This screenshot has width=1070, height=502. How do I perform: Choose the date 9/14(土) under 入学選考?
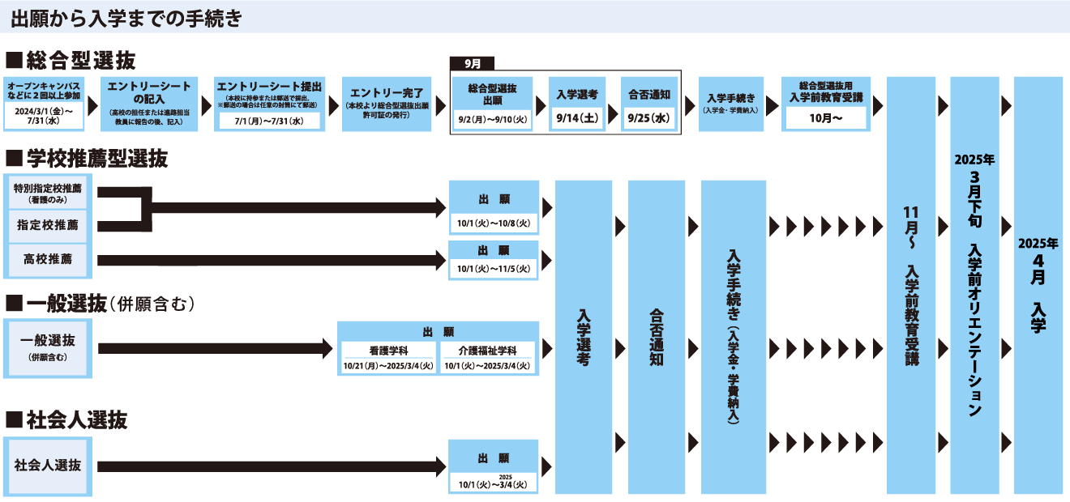pyautogui.click(x=577, y=118)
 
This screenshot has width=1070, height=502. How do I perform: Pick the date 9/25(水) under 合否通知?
pyautogui.click(x=649, y=118)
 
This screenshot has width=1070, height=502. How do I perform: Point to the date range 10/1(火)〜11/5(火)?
pyautogui.click(x=493, y=269)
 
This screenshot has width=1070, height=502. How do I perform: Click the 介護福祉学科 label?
pyautogui.click(x=489, y=351)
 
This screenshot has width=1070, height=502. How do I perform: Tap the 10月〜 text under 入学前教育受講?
pyautogui.click(x=826, y=118)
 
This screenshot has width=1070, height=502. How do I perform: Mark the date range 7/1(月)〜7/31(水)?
pyautogui.click(x=267, y=121)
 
